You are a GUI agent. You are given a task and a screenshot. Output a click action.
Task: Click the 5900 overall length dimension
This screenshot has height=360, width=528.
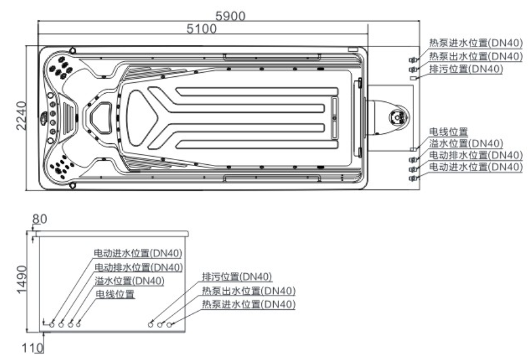coord(231,16)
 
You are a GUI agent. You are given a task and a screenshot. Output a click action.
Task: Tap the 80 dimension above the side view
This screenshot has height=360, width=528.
coord(40,220)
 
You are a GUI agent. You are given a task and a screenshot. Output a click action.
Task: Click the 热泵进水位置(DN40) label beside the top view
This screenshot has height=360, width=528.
coord(475,43)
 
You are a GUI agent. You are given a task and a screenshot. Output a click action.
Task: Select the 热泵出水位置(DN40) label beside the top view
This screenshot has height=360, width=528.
coord(475,56)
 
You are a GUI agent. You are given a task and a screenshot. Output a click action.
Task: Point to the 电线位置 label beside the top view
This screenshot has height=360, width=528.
coord(448,132)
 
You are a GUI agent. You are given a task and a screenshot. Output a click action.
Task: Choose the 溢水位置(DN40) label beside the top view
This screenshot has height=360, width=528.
coord(466,143)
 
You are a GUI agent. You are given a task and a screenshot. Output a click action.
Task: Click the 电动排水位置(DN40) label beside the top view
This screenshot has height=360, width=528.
coord(475,155)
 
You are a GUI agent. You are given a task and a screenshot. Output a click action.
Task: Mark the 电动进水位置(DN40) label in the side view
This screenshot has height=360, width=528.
coord(139,253)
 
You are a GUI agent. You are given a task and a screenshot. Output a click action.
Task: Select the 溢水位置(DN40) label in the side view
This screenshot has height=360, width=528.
coord(129,281)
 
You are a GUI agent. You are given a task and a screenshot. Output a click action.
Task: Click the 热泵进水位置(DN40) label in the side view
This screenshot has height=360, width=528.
coord(249,304)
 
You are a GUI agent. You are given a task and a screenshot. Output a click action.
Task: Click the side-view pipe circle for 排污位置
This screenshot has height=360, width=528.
coord(151,324)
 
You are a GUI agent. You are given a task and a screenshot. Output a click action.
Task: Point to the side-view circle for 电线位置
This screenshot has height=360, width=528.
coord(79,324)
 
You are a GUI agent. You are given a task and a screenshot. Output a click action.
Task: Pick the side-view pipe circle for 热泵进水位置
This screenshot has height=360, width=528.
coord(170,324)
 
